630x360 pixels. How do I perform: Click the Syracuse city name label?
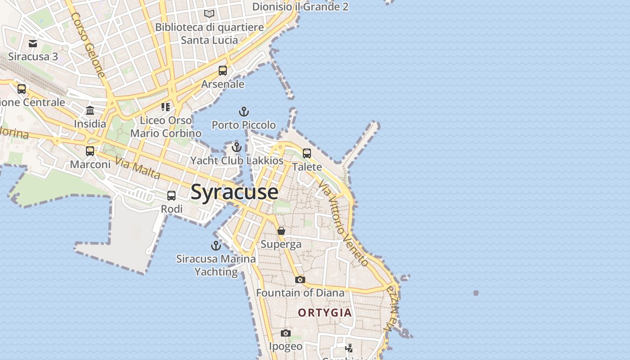234,192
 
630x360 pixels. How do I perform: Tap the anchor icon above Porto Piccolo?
243,112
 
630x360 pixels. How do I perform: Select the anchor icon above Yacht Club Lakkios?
237,147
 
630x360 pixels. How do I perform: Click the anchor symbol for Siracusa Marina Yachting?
216,246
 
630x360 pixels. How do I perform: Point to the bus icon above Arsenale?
223,71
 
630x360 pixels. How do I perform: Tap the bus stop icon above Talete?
307,153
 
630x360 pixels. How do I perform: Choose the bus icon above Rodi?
171,196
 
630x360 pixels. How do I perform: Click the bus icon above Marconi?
90,151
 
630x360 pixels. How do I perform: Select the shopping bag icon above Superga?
281,231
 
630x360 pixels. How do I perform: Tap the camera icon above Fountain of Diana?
300,280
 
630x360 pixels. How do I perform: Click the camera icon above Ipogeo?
286,333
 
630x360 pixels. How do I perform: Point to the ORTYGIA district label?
325,313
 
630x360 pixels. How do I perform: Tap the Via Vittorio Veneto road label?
343,223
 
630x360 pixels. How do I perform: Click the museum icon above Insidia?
90,111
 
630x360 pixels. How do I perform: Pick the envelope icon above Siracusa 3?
33,44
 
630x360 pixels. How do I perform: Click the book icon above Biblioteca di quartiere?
209,14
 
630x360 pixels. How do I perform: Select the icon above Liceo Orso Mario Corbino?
166,107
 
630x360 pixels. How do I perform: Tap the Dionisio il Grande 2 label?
300,7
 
